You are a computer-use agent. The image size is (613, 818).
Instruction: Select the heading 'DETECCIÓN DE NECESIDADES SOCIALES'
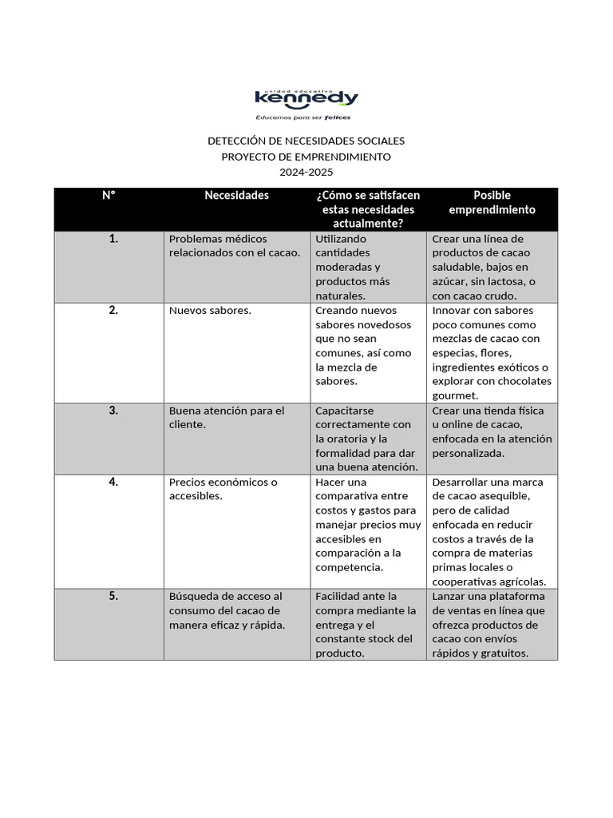pos(306,141)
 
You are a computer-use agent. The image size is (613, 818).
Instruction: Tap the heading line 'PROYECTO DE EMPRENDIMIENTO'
pos(306,157)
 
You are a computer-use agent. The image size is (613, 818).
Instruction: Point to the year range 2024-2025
pos(306,172)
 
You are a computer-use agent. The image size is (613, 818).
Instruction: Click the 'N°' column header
pos(109,196)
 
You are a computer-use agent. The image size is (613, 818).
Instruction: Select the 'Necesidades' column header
pos(236,196)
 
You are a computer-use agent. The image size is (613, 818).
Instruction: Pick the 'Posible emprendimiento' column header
pos(492,202)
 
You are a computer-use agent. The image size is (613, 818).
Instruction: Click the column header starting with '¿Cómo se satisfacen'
pos(367,209)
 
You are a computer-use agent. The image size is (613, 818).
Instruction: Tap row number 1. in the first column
pos(113,239)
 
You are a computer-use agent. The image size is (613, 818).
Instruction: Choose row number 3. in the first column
pos(113,411)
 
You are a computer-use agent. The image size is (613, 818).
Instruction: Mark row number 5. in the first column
pos(113,596)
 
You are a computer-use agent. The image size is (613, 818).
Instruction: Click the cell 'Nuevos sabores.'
pos(210,311)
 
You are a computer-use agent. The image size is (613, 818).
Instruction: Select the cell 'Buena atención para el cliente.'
pos(226,418)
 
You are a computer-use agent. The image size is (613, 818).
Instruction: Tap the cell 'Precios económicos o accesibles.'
pos(223,489)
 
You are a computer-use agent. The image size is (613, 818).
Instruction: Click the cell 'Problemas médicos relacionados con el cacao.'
pos(234,246)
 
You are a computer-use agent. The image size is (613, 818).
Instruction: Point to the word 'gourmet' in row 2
pos(455,395)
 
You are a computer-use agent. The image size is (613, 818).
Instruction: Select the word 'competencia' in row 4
pos(349,567)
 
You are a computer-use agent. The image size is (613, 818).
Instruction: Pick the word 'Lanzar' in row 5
pos(448,596)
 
